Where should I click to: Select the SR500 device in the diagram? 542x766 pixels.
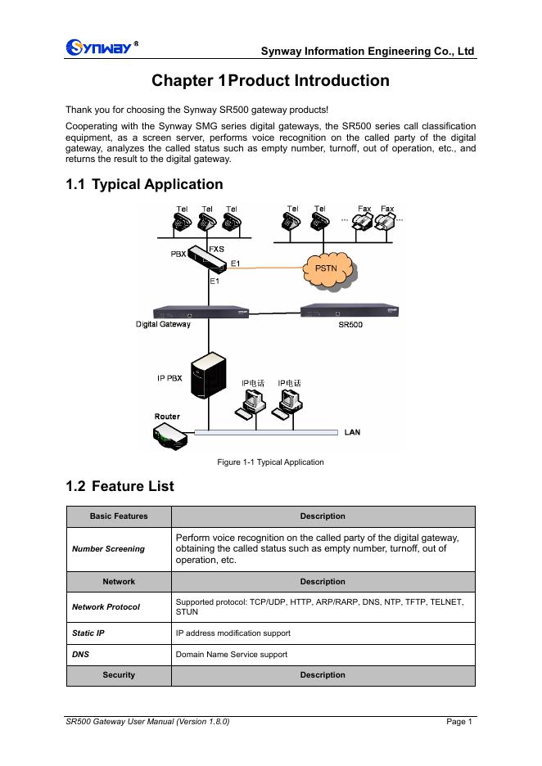(x=350, y=311)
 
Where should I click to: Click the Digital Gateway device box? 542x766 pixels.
(x=202, y=313)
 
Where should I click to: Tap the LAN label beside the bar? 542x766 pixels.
(x=352, y=432)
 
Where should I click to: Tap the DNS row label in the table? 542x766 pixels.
(x=81, y=655)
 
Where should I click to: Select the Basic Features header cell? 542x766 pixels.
(x=119, y=516)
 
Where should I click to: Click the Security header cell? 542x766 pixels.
(x=119, y=675)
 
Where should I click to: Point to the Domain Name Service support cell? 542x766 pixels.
(x=232, y=655)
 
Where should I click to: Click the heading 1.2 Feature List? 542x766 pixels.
(x=120, y=486)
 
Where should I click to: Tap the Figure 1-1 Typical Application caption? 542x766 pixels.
(x=270, y=462)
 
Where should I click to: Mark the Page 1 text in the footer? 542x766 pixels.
(x=459, y=722)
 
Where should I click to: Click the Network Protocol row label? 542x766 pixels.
(x=106, y=607)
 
